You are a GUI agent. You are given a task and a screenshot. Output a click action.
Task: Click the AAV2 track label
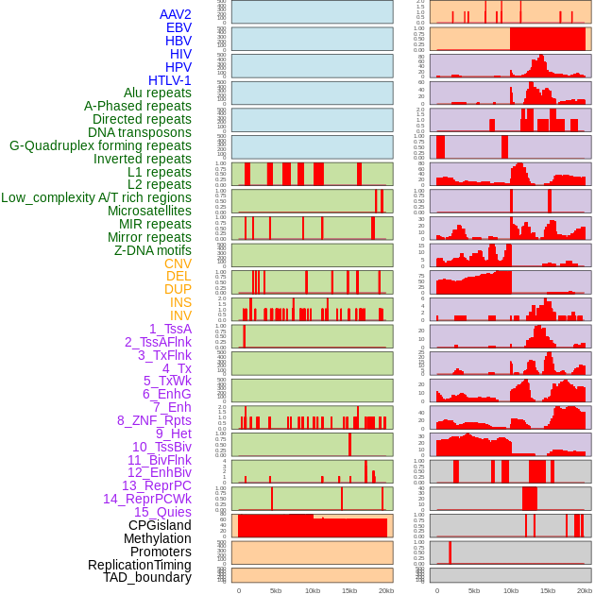(175, 14)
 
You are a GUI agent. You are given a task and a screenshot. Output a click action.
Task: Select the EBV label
(178, 27)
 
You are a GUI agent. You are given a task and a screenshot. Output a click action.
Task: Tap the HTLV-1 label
(169, 80)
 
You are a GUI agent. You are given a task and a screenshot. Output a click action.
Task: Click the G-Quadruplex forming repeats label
(100, 145)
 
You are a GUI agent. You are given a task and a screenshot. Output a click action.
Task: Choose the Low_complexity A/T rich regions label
(96, 197)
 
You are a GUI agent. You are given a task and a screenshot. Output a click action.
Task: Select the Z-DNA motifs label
(152, 250)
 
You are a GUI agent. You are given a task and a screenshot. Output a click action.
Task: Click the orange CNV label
(178, 263)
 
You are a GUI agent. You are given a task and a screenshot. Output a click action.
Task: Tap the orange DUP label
(178, 289)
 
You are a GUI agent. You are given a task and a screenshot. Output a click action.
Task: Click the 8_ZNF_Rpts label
(154, 420)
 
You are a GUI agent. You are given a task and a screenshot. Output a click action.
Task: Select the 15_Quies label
(162, 512)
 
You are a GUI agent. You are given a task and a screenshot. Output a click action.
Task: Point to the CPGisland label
(160, 525)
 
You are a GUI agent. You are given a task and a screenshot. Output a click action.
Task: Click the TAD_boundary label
(146, 577)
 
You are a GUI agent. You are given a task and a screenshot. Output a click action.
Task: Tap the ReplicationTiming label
(139, 565)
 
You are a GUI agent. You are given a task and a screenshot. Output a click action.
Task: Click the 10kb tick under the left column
(312, 590)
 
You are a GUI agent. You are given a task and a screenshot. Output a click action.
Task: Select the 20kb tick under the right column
(585, 590)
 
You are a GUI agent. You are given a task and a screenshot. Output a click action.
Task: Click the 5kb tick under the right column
(473, 590)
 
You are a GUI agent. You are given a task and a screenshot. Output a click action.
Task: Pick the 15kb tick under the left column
(348, 590)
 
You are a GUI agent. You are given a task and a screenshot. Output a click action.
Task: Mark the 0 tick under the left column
(238, 590)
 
